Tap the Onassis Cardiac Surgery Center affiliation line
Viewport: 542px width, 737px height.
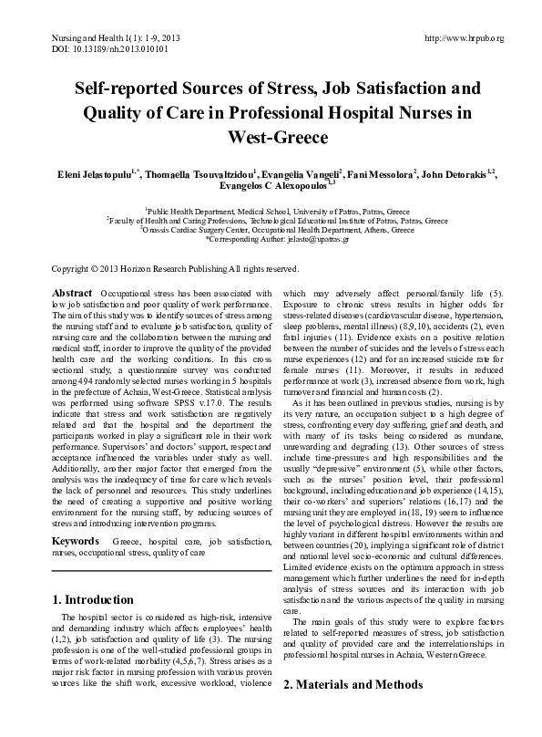pos(271,231)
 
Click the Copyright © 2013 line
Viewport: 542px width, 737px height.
pos(174,268)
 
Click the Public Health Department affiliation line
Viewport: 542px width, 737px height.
pos(271,209)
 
